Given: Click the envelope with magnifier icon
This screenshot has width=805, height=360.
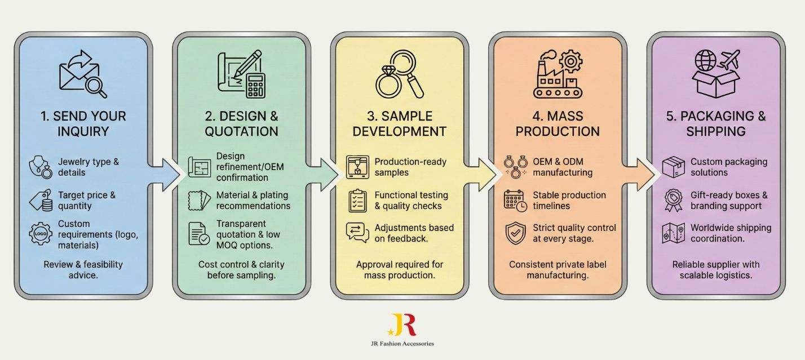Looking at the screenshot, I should coord(83,74).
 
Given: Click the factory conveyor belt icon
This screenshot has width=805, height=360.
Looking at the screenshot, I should coord(557,74).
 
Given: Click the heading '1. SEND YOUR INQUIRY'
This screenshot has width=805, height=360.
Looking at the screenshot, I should coord(83,124).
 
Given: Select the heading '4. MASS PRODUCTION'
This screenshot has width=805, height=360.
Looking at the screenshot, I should coord(558,124).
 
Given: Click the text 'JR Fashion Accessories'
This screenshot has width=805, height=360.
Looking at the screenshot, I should coord(402,343).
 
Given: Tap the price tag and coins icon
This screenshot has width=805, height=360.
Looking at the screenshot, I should coord(41,201).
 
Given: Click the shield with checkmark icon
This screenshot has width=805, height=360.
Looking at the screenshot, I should coord(515,234).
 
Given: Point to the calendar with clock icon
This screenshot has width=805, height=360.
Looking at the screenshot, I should coord(515,201).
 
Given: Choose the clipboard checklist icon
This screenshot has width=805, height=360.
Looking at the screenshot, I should coord(357,201).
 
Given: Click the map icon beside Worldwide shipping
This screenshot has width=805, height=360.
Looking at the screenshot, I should coord(673,233).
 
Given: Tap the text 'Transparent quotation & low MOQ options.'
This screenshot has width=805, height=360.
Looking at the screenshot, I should coord(244,234).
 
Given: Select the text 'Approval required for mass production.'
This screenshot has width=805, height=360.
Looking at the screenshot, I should coord(399,270).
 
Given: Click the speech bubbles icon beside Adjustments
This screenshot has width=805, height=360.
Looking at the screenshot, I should coord(357,233).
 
